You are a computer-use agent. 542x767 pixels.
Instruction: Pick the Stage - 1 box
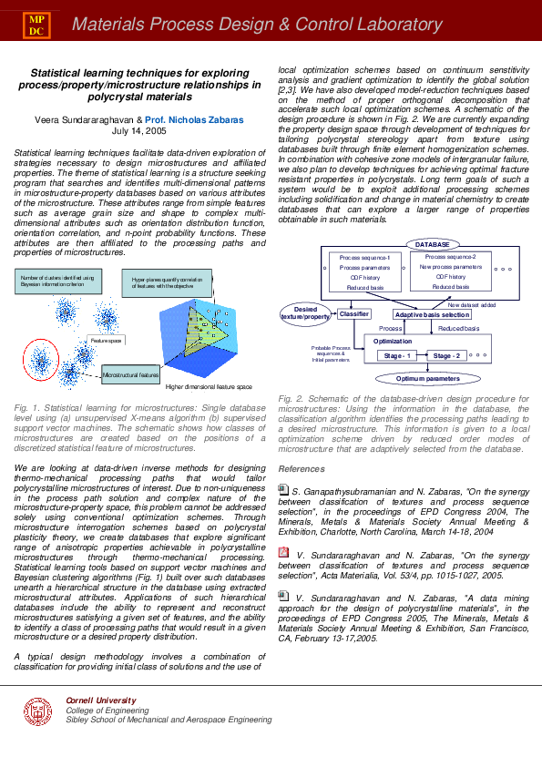(397, 355)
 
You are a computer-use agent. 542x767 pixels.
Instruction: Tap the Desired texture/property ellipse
(305, 312)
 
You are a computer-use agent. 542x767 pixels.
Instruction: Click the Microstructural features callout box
(130, 374)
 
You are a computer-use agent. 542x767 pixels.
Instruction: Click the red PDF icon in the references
(282, 552)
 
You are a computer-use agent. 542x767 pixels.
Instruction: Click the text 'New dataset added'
(472, 304)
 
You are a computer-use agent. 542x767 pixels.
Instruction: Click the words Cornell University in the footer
(93, 699)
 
